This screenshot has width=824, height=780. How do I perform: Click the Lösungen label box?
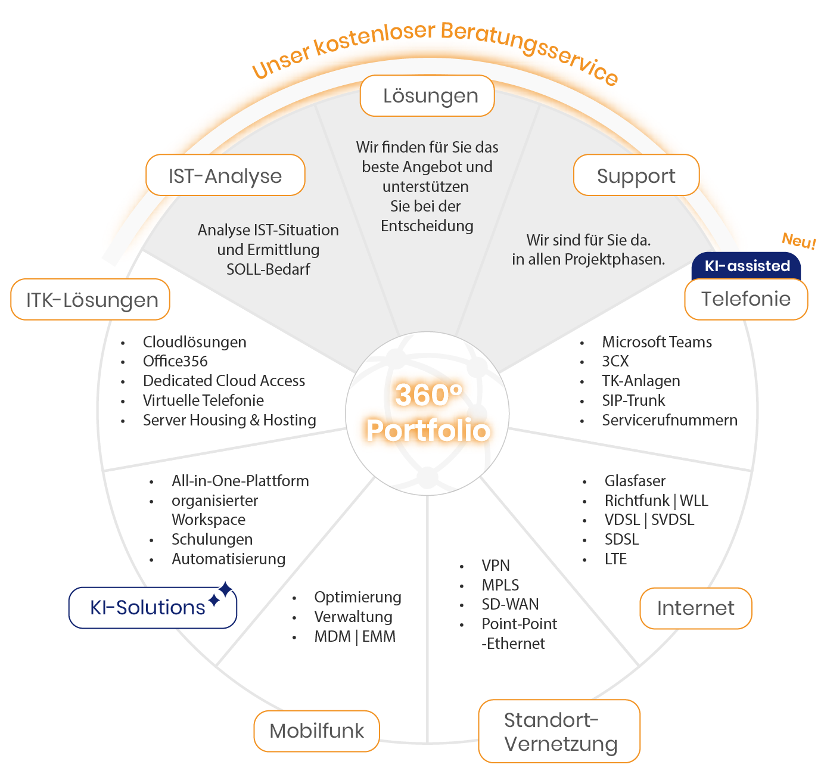click(427, 96)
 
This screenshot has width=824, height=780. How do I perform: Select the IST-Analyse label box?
click(225, 175)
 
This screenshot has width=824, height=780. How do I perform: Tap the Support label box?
click(636, 175)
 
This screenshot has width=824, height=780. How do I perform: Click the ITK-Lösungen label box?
click(91, 300)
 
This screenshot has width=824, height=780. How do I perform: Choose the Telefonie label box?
click(746, 299)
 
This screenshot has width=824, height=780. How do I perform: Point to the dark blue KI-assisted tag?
click(747, 266)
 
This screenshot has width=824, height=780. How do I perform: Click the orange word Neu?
click(798, 241)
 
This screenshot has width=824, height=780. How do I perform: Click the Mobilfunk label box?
click(316, 731)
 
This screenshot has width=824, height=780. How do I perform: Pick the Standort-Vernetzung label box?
click(559, 731)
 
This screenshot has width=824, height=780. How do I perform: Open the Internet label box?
click(695, 608)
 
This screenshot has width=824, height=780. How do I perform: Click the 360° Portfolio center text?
click(428, 412)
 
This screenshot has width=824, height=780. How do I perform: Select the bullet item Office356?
click(175, 361)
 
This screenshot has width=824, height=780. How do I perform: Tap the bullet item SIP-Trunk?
click(633, 400)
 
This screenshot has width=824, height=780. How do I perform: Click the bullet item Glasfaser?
click(635, 481)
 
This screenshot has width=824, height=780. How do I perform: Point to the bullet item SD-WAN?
click(510, 604)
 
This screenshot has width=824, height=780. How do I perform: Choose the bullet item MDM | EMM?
click(355, 636)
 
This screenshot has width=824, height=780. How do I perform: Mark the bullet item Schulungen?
click(212, 539)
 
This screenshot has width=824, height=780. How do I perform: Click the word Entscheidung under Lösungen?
click(427, 226)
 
